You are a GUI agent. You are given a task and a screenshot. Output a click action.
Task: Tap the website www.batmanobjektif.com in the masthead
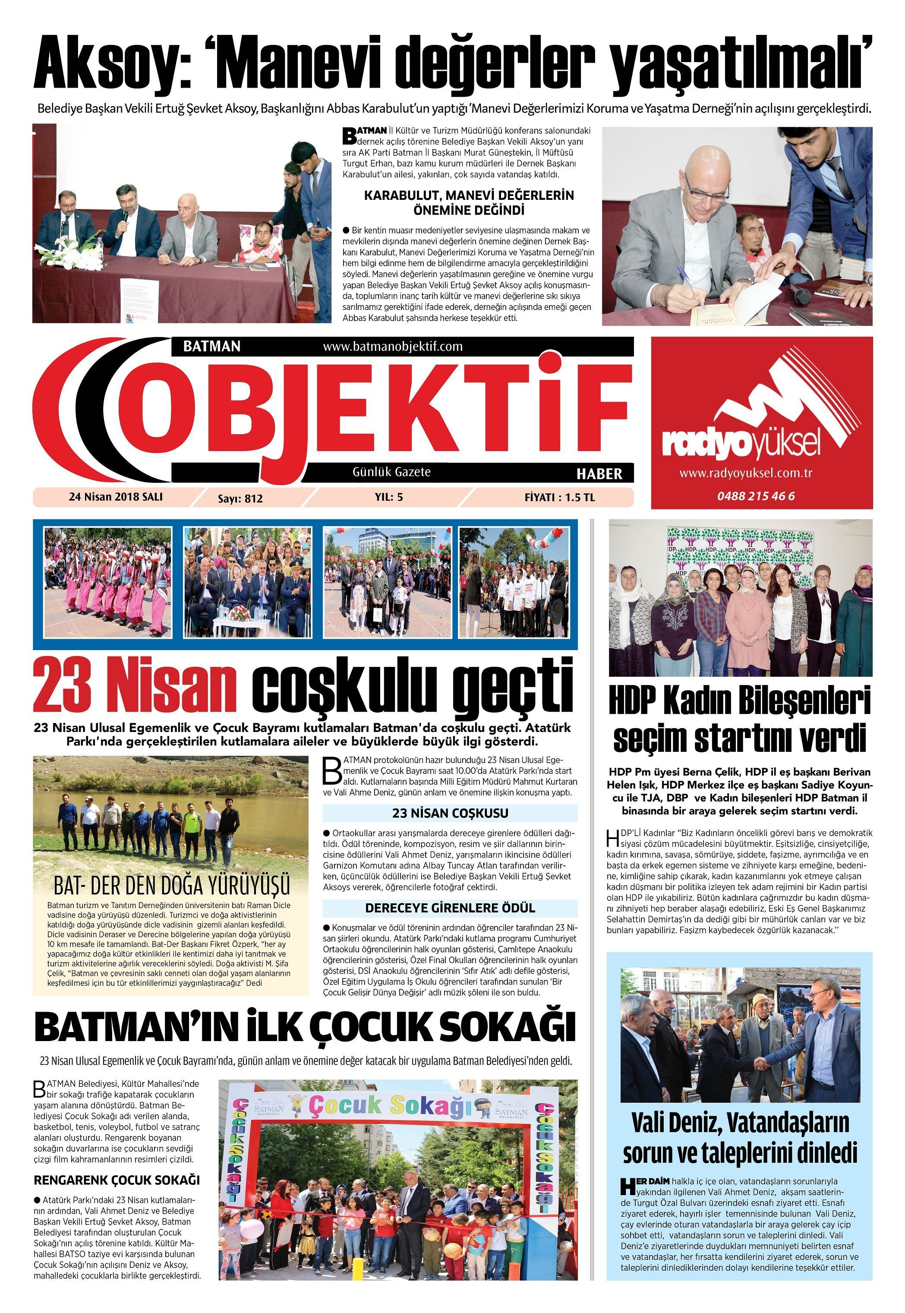392,346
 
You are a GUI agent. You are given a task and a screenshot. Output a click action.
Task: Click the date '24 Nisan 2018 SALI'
116,497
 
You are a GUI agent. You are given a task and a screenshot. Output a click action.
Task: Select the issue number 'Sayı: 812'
240,499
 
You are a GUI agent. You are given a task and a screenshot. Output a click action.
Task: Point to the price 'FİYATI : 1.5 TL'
559,497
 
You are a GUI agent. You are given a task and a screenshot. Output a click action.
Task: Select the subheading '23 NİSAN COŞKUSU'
450,813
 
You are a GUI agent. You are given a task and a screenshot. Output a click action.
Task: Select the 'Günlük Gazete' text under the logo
392,472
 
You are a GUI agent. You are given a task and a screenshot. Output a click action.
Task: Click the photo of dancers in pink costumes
108,583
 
